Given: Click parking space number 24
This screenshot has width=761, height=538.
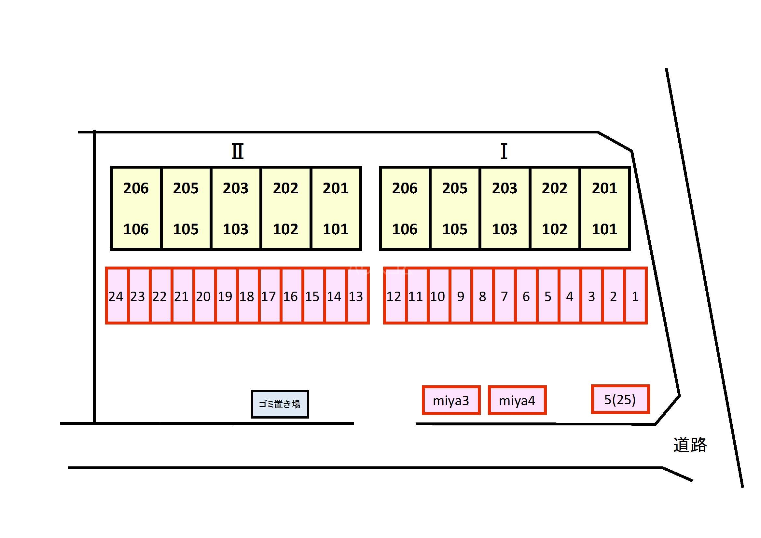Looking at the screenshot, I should point(116,296).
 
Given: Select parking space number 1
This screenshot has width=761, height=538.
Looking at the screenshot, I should point(635,296).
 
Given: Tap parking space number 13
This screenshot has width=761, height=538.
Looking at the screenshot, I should point(356,296).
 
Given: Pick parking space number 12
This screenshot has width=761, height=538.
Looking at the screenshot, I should point(394,296).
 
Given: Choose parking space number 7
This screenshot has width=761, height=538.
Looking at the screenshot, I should point(504,296).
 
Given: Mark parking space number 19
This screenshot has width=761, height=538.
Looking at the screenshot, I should point(225,296).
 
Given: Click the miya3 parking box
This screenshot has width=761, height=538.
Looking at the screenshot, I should point(451,400).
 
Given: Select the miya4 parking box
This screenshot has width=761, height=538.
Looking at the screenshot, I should point(517,400).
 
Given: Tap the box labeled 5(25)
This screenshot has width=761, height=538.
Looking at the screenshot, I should point(620,399).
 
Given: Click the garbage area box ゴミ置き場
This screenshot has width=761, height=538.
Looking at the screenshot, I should point(280,404).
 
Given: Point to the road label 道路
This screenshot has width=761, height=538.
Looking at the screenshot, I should point(690,445).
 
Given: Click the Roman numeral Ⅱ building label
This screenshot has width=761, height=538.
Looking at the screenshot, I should point(237,151).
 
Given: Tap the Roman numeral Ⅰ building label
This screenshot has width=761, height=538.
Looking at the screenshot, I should point(504,151).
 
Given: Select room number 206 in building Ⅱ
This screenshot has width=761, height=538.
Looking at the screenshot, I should point(136,188).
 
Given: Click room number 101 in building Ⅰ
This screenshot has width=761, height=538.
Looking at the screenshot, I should point(604,229).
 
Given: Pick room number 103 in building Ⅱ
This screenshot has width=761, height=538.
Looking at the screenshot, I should point(236,229).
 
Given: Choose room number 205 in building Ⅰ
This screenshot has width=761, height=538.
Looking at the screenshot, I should point(455,188).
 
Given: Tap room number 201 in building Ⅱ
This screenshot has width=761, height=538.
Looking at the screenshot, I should point(336,188).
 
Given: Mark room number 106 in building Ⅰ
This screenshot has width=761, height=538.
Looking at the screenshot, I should point(405,229).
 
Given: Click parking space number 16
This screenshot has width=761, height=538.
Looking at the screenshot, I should point(290,296).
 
